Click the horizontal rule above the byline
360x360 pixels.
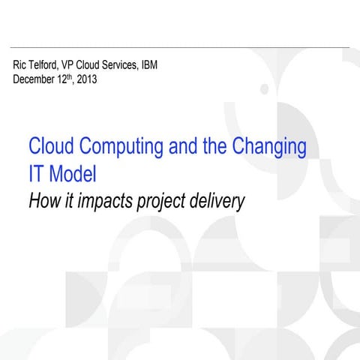click(x=180, y=46)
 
